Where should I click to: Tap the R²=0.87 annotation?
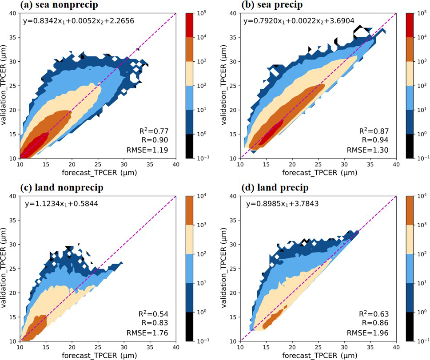(374, 131)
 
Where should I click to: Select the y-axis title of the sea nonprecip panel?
(5, 86)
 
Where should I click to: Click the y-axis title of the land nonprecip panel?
(5, 268)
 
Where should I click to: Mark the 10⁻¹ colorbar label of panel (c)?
(203, 341)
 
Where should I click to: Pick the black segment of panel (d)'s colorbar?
(411, 326)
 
